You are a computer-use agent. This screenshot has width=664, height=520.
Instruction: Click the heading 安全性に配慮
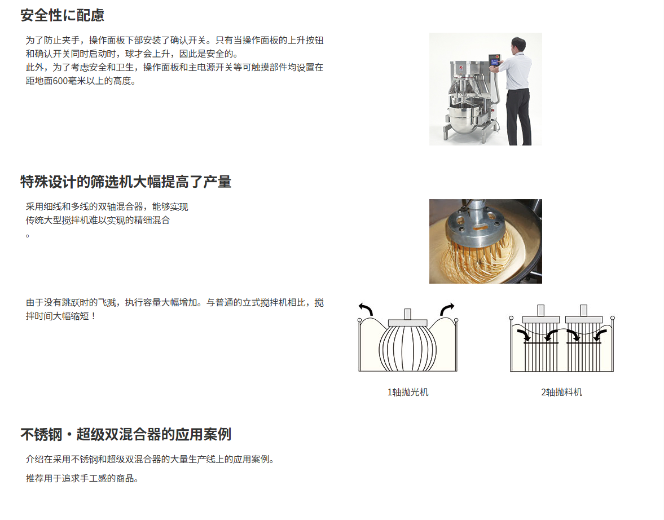(62, 15)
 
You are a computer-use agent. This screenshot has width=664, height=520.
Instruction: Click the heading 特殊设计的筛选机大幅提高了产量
(126, 182)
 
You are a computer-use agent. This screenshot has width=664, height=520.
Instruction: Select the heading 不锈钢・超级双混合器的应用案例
(126, 434)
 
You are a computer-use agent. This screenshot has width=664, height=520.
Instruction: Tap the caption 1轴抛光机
(408, 393)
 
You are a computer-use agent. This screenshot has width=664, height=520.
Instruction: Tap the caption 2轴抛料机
(561, 393)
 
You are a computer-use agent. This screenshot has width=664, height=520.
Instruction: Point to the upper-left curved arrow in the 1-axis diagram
(366, 309)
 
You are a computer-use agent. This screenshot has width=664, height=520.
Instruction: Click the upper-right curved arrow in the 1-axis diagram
(447, 309)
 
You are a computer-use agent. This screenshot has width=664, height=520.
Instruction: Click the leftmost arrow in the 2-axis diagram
(524, 335)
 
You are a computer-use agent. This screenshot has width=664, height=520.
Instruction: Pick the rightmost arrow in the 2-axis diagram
(600, 335)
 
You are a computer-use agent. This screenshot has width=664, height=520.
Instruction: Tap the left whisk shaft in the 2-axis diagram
(541, 310)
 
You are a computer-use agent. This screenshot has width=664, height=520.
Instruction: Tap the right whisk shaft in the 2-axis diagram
(583, 310)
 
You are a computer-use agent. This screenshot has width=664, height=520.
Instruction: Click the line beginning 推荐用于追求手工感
(82, 478)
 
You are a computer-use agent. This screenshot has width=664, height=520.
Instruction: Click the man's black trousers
(519, 116)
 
